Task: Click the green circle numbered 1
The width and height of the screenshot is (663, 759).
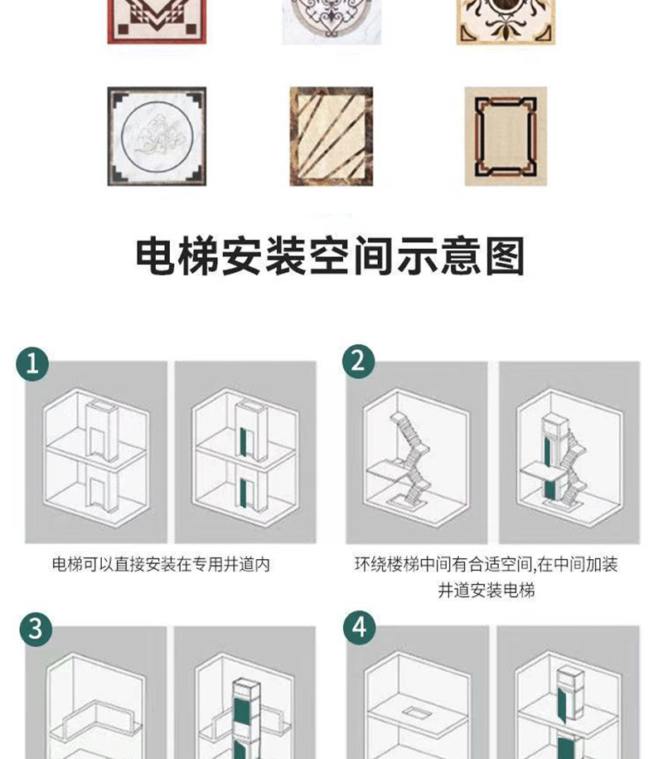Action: click(32, 363)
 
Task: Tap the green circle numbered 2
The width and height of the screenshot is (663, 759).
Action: click(358, 361)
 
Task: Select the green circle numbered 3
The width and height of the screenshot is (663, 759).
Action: click(36, 630)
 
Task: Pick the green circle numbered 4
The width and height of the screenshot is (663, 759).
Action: click(360, 627)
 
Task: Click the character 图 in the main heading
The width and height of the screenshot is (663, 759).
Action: click(505, 256)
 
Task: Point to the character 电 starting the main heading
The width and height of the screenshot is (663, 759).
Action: click(155, 256)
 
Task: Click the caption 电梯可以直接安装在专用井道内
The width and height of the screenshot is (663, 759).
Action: click(161, 564)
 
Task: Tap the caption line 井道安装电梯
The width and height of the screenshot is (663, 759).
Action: click(486, 591)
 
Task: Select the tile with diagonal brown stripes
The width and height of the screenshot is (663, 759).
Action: click(331, 137)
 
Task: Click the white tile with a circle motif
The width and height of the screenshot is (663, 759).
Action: click(157, 137)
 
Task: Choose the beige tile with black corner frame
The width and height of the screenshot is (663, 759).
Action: click(506, 137)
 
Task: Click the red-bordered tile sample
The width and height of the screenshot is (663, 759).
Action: click(157, 22)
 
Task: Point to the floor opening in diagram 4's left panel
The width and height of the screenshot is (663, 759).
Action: click(413, 712)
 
